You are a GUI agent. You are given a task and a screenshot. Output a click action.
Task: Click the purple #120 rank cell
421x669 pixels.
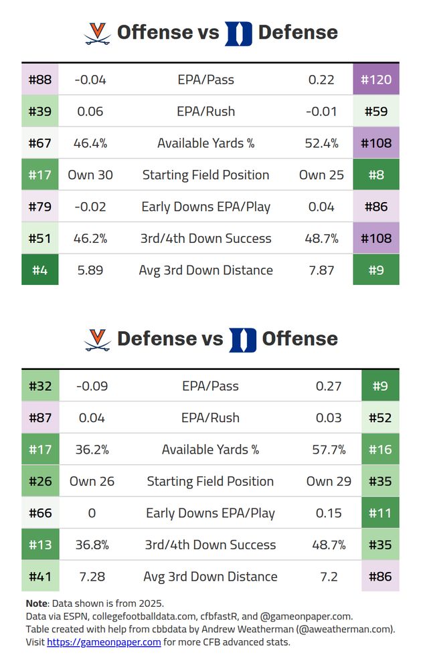(x=376, y=80)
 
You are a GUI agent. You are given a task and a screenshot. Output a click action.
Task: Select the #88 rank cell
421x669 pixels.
(x=40, y=80)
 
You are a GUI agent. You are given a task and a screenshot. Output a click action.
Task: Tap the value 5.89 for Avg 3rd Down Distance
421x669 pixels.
(x=90, y=270)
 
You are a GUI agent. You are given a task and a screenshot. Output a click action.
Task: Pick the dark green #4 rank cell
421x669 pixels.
(x=40, y=270)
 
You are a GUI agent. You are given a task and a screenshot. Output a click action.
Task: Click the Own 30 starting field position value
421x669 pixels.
(x=90, y=175)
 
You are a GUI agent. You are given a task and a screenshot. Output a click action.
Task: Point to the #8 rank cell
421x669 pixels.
(x=376, y=175)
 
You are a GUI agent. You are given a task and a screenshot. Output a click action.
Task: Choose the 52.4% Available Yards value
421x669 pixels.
(x=321, y=143)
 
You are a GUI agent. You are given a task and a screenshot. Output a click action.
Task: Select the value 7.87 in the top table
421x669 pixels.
(x=321, y=270)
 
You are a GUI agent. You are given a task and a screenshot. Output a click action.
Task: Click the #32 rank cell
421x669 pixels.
(x=40, y=386)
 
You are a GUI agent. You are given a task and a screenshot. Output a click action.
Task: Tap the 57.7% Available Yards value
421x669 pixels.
(x=329, y=450)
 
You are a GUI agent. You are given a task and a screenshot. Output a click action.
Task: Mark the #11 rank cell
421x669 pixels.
(x=380, y=513)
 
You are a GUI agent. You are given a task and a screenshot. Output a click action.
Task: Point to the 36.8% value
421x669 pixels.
(x=92, y=545)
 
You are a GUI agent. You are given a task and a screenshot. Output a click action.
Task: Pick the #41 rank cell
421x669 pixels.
(x=40, y=577)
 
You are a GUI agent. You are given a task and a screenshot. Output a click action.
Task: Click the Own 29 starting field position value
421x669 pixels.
(x=329, y=482)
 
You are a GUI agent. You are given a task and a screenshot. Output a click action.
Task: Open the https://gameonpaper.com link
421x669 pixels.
(x=104, y=642)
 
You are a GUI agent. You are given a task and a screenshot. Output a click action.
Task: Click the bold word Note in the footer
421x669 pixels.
(x=36, y=603)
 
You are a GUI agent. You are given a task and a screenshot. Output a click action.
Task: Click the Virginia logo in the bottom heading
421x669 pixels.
(x=98, y=339)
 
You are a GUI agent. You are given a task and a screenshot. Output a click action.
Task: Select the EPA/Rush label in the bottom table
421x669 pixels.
(x=210, y=418)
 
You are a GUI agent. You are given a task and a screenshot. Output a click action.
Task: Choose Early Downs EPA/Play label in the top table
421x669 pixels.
(x=205, y=207)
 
